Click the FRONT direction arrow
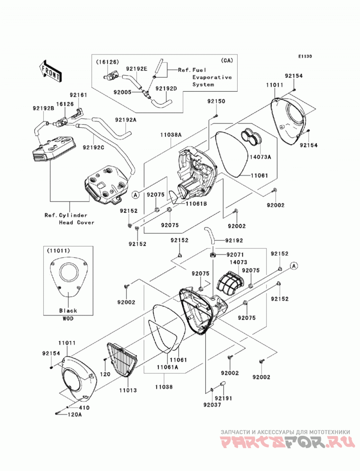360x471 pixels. [50, 71]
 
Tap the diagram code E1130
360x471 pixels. [305, 56]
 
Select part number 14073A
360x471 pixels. [260, 157]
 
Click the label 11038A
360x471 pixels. [171, 135]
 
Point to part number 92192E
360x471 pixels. [136, 69]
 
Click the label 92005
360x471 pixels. [122, 92]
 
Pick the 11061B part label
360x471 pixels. [196, 203]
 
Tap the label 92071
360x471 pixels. [235, 255]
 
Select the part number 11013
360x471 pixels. [128, 390]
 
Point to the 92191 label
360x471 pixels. [224, 398]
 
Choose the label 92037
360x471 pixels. [212, 405]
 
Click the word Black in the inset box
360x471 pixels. [68, 310]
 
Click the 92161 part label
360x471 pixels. [78, 95]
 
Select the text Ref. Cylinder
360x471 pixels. [66, 215]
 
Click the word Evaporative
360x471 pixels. [212, 77]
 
